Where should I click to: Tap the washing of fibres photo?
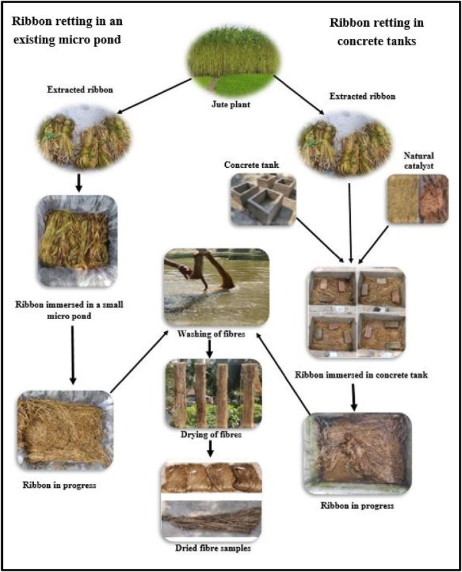[214, 288]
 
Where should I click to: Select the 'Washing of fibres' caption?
[212, 333]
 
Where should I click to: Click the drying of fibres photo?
[212, 394]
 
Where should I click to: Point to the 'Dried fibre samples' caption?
[212, 547]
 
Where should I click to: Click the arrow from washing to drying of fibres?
[212, 348]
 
